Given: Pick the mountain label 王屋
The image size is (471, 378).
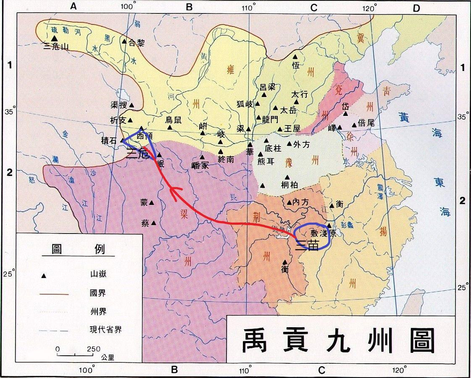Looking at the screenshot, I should click(292, 129).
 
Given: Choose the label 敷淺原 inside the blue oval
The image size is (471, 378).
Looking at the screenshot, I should click(324, 234).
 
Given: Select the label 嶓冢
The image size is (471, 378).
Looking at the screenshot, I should click(200, 165).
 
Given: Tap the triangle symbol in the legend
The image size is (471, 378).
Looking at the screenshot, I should click(43, 275).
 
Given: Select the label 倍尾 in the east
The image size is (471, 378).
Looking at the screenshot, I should click(366, 123).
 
